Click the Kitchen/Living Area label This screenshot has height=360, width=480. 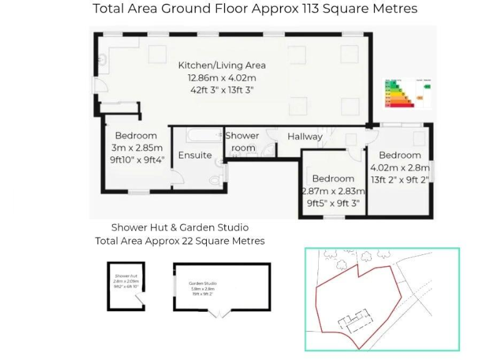point(222,65)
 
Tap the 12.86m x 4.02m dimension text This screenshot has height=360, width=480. point(222,78)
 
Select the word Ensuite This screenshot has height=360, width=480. point(195,155)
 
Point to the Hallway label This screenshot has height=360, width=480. point(305,136)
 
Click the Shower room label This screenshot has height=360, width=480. point(242,141)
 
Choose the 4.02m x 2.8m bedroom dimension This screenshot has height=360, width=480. point(400,167)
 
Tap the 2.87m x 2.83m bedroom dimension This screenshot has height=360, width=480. point(333,191)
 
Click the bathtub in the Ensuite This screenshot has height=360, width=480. point(196,134)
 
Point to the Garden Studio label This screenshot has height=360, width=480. point(202,283)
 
